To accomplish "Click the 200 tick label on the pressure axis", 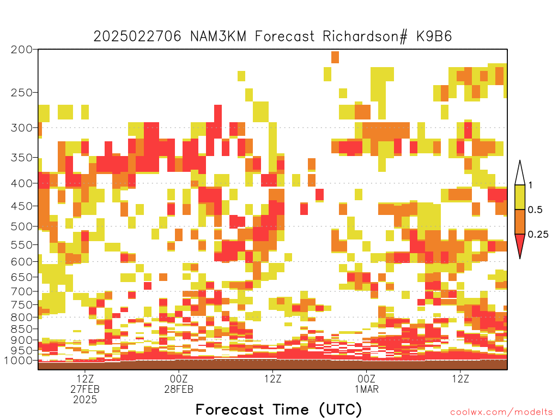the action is (x=21, y=50).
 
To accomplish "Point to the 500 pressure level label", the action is (x=21, y=226).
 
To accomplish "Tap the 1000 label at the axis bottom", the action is (x=18, y=361).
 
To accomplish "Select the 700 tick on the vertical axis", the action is (x=21, y=292).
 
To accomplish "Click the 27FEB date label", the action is (x=85, y=389).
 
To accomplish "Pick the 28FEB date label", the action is (x=179, y=389).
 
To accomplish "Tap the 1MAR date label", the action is (x=367, y=389).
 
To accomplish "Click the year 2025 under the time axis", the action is (x=85, y=400).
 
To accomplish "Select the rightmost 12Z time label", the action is (x=460, y=379).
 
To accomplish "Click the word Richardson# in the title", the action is (x=365, y=37).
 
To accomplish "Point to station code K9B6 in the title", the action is (x=434, y=37).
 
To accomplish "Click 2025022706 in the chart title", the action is (x=137, y=37).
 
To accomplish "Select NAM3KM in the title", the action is (x=218, y=37).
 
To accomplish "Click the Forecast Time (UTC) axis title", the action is (x=278, y=410).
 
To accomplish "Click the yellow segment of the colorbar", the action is (x=520, y=197).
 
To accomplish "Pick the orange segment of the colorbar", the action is (x=520, y=222).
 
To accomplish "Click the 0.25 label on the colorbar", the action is (x=538, y=235).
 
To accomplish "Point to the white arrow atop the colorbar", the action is (x=520, y=173).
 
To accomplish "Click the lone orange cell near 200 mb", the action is (x=335, y=57).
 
